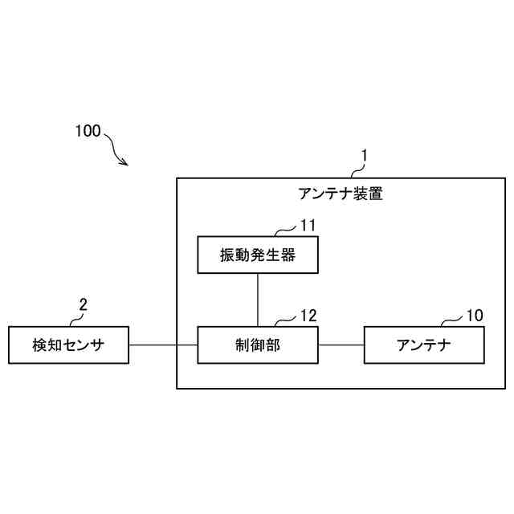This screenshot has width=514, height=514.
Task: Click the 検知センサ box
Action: click(68, 345)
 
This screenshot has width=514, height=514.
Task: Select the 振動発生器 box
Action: click(257, 255)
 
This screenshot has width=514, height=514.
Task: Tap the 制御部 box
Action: click(257, 345)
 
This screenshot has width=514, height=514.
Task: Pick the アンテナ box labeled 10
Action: click(424, 345)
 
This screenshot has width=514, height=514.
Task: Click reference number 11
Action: click(308, 224)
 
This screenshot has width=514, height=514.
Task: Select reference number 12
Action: click(308, 316)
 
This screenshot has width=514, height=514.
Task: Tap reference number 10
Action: click(475, 316)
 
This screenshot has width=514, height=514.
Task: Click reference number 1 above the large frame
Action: click(363, 151)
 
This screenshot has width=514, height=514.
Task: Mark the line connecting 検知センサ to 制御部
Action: click(163, 345)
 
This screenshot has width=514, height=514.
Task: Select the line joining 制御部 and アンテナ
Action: click(341, 345)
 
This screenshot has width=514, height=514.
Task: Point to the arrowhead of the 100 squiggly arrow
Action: click(125, 163)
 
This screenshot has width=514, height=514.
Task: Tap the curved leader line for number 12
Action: click(286, 322)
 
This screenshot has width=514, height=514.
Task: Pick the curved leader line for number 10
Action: click(452, 322)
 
